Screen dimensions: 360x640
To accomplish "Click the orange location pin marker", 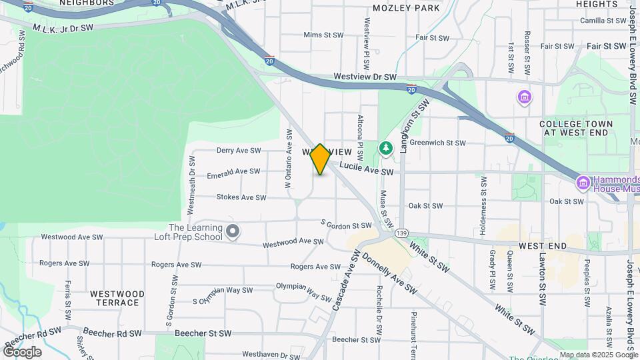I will (x=320, y=159).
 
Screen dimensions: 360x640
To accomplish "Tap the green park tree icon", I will (x=385, y=147).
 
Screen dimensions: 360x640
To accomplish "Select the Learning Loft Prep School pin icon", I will (x=233, y=231).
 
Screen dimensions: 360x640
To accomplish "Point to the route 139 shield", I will (x=401, y=233).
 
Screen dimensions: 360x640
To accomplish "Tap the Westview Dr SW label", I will (x=365, y=77).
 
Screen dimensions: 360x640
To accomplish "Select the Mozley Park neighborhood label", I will (x=407, y=8).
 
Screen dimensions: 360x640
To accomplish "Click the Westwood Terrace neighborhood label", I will (x=117, y=298).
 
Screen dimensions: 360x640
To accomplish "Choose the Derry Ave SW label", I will (x=238, y=151).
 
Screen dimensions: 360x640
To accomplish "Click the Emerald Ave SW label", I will (x=233, y=172).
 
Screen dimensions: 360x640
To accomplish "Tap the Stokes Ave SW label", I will (x=241, y=197).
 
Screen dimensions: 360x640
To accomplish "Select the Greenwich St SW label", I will (x=437, y=143).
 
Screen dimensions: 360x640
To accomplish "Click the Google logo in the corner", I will (x=21, y=352).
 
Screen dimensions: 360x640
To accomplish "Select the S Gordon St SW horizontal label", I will (x=345, y=225).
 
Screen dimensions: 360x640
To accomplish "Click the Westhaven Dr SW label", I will (x=271, y=355).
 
